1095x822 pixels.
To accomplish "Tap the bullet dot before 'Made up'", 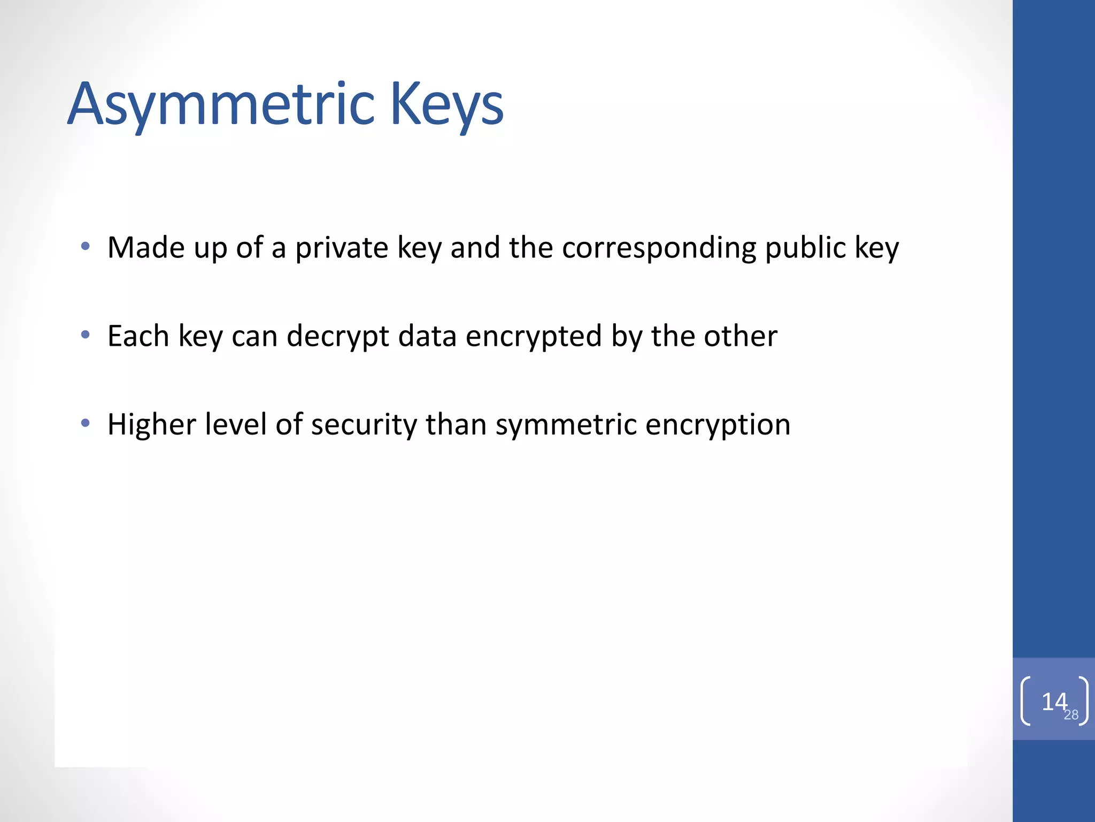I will click(x=85, y=247).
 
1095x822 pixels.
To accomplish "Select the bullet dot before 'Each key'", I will click(x=85, y=335).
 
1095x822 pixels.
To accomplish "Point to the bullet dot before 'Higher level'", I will click(x=85, y=423).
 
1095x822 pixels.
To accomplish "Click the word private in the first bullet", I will click(x=341, y=248).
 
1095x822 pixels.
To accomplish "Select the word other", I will click(x=741, y=336).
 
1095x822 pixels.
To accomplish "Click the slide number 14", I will click(x=1053, y=701).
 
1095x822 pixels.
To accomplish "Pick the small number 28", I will click(x=1071, y=715).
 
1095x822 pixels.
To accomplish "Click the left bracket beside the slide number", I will click(x=1025, y=701).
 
